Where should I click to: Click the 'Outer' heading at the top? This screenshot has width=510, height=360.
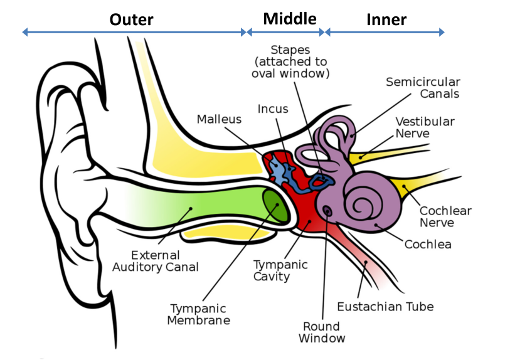coord(131,19)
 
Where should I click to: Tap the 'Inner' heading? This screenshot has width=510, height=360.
coord(386,19)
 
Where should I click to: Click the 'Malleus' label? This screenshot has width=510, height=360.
coord(218,119)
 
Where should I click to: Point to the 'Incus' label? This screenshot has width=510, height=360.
coord(273,109)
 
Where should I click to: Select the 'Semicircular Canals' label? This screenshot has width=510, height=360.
coord(423,88)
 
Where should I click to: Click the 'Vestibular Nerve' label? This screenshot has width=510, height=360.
coord(425,127)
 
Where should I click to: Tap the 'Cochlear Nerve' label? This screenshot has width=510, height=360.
coord(445,217)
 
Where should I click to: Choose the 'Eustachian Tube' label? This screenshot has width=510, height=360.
coord(385,307)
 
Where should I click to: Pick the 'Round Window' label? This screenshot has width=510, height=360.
coord(322,332)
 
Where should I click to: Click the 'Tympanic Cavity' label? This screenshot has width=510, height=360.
coord(280,270)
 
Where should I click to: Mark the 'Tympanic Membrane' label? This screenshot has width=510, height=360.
coord(200,314)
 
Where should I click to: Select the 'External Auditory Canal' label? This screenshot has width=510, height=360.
coord(155,262)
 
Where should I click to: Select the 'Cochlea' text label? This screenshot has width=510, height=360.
coord(428,244)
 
